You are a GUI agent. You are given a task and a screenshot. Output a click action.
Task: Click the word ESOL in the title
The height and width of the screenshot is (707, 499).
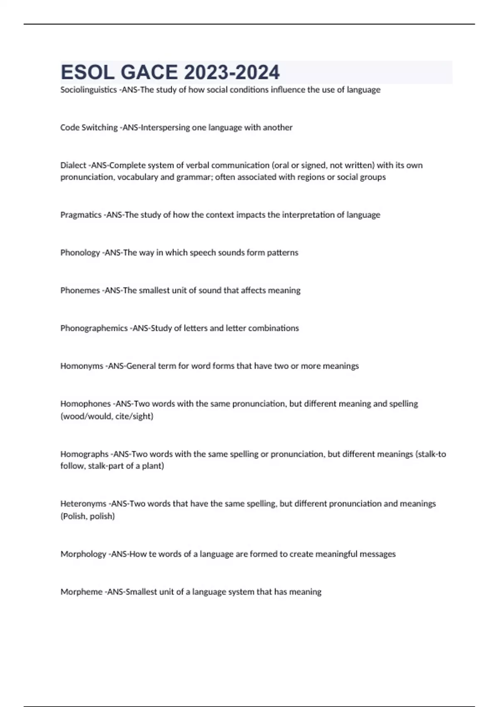[x=87, y=72]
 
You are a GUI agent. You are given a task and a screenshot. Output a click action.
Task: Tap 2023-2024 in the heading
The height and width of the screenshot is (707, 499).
[x=232, y=72]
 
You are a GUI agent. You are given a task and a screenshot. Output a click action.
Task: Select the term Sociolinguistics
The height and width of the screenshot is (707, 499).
[x=88, y=90]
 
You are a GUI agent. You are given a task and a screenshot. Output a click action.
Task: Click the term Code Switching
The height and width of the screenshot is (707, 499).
[x=89, y=128]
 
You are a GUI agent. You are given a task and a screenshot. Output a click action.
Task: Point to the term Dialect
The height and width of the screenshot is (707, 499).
[x=73, y=165]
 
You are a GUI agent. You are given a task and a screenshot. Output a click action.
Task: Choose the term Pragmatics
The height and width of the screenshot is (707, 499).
[x=81, y=215]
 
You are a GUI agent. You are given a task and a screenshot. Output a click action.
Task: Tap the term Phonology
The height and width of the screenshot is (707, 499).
[x=80, y=253]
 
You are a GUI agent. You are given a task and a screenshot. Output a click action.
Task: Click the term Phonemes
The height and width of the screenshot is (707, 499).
[x=80, y=290]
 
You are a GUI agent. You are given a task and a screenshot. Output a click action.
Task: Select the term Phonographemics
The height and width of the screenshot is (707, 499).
[x=94, y=328]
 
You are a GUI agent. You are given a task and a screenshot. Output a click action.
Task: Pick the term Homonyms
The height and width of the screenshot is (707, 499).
[x=82, y=366]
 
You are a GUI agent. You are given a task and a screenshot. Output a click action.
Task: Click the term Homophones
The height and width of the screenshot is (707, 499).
[x=85, y=404]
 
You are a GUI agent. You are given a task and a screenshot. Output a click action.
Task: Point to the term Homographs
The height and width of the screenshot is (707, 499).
[x=84, y=454]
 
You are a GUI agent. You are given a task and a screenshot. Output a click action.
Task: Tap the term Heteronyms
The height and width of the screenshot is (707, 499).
[x=83, y=504]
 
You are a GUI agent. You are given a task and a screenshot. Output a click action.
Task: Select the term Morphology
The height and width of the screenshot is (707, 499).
[x=83, y=554]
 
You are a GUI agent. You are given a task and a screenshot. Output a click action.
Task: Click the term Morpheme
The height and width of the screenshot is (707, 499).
[x=82, y=592]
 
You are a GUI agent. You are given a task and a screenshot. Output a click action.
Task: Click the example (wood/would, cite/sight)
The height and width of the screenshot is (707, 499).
[x=107, y=416]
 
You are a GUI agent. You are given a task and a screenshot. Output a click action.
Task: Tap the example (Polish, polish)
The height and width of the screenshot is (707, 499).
[x=87, y=516]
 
